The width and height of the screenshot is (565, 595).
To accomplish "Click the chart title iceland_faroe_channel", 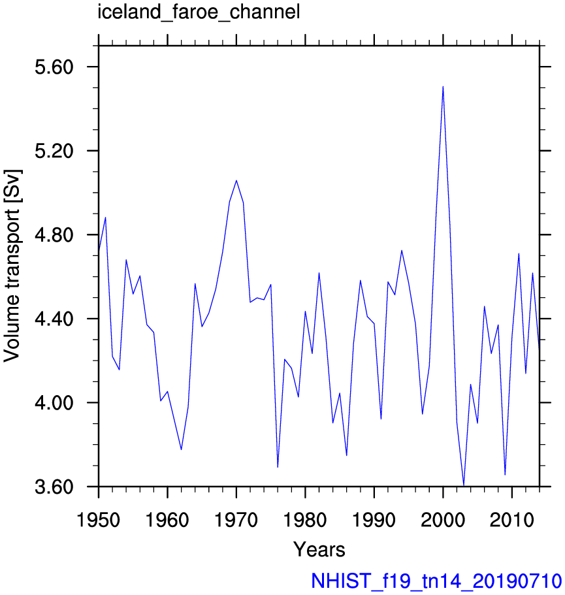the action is [x=199, y=12].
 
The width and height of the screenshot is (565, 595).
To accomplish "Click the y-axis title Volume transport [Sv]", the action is [x=12, y=266].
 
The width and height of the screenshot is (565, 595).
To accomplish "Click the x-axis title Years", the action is [x=319, y=549].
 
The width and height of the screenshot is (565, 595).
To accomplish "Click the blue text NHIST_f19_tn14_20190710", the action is [x=436, y=581].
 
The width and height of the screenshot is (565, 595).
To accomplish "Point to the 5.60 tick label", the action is [x=54, y=67].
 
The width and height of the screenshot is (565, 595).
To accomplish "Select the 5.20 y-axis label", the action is [x=54, y=151].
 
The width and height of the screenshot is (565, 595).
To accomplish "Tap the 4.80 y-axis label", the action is [x=54, y=235].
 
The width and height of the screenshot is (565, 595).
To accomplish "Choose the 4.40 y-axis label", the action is [x=54, y=319].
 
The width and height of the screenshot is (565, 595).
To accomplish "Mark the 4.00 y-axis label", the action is [x=54, y=403].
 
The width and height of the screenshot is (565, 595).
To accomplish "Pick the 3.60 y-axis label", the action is [x=54, y=487].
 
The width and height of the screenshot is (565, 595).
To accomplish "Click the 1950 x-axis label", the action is [x=98, y=519].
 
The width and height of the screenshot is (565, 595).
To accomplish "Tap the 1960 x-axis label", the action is [x=167, y=519].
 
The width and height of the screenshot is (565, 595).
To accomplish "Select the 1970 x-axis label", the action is [x=236, y=519].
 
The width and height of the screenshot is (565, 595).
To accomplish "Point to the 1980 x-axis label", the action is [x=305, y=519].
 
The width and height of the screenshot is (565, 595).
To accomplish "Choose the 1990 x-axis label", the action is [x=374, y=519].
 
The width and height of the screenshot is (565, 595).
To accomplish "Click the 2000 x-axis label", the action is [x=443, y=519].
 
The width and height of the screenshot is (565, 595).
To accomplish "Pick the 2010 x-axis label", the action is [x=512, y=519].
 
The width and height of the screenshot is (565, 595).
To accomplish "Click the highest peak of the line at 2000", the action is [x=443, y=86].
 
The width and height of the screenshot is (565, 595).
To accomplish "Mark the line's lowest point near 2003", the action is [x=464, y=485].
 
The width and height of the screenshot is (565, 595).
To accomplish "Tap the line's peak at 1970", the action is [x=236, y=180].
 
